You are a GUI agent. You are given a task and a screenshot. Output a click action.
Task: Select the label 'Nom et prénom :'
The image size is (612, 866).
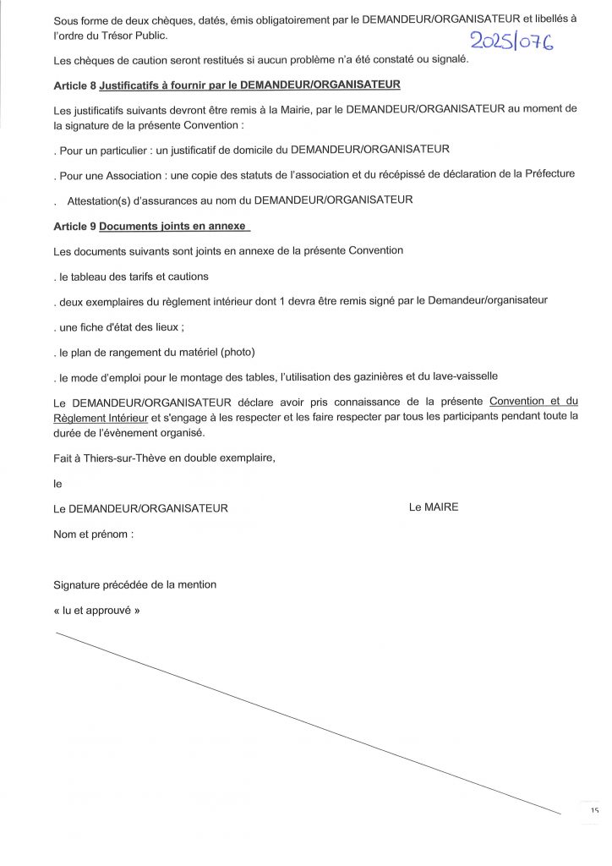(x=93, y=534)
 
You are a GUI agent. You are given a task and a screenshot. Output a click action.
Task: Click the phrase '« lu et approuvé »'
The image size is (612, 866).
(x=95, y=609)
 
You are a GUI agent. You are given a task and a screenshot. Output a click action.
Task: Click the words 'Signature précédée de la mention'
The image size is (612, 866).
(x=134, y=584)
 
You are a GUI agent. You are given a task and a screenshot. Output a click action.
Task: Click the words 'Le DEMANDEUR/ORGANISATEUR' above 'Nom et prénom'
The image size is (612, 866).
(x=139, y=508)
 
